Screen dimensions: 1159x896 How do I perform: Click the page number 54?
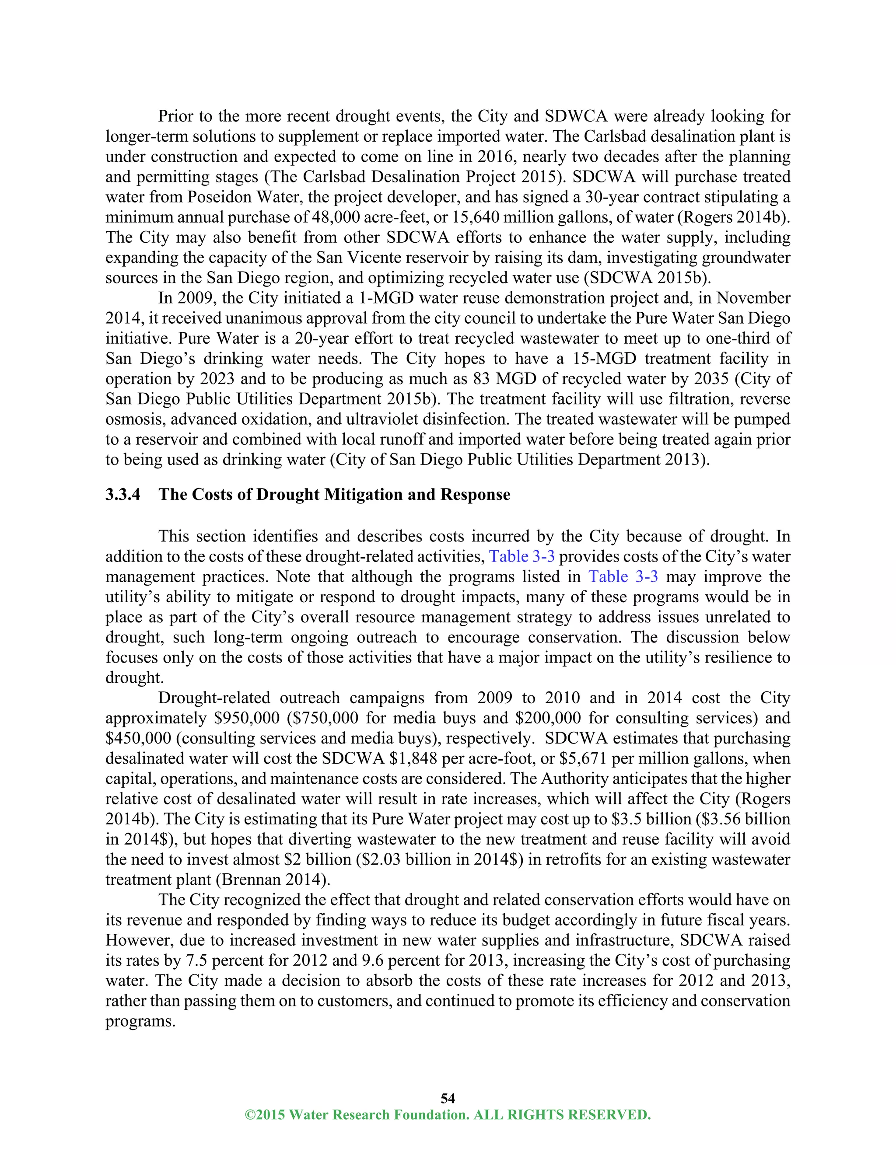click(x=448, y=1098)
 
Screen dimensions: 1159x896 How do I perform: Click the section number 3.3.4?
click(x=122, y=495)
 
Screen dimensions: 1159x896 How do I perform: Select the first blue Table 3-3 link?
click(x=522, y=557)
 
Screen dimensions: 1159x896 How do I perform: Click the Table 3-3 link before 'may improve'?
click(x=623, y=577)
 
